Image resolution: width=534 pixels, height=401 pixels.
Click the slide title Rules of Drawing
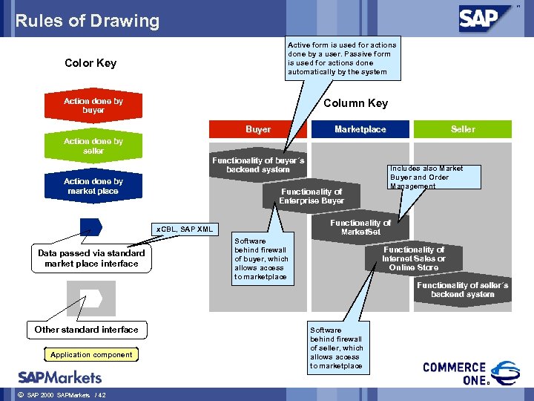point(88,21)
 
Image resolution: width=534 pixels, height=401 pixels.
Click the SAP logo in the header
point(486,17)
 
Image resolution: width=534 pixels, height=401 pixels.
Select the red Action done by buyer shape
point(93,105)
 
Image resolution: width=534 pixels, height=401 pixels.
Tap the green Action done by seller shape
point(93,146)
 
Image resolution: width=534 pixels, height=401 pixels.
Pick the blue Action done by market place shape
point(93,186)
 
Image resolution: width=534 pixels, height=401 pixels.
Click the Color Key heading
point(90,63)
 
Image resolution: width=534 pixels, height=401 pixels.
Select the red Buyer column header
point(258,129)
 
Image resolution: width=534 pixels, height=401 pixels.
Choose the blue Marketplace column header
point(360,129)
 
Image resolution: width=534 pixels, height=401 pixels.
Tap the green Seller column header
point(463,129)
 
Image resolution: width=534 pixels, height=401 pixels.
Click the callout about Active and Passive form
point(342,58)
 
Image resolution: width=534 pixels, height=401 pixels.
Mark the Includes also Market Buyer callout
point(435,177)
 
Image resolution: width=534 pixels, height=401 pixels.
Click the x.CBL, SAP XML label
point(184,229)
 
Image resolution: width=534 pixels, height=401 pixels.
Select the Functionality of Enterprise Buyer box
point(311,196)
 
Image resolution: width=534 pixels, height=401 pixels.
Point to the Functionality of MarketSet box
point(360,227)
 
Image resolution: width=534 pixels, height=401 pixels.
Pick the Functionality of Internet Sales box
point(413,258)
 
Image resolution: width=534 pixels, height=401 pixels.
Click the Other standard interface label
point(86,329)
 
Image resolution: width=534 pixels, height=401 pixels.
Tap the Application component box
point(91,354)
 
